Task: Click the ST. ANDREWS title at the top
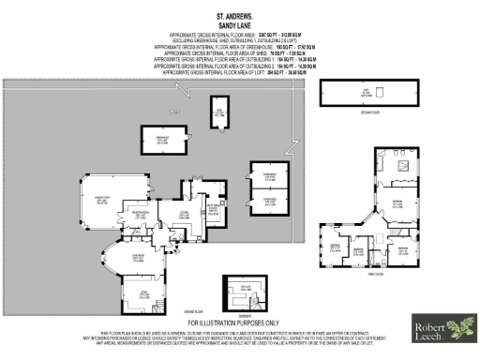tap(239, 14)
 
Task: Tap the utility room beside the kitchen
tap(214, 209)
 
